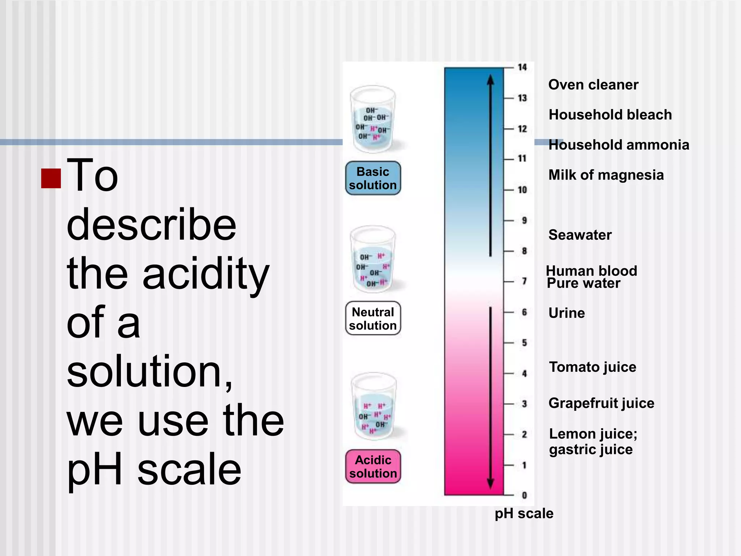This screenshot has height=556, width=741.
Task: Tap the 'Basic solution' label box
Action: [x=373, y=178]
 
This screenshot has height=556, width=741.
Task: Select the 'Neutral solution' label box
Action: [x=373, y=319]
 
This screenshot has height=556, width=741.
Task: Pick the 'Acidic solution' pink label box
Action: [x=373, y=467]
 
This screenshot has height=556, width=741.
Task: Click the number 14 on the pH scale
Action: [x=522, y=67]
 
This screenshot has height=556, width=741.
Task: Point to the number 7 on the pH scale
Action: [x=524, y=281]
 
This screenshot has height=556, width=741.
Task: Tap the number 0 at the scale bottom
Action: [x=524, y=495]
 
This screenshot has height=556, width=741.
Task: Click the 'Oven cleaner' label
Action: [x=593, y=85]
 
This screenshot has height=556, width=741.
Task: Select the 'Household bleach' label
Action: [x=610, y=115]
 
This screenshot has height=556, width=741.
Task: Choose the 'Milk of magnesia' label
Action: [x=606, y=175]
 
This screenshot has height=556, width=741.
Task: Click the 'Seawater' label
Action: [x=580, y=235]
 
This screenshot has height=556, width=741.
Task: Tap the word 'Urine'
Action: [x=567, y=313]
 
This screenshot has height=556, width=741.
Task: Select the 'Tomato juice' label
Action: [x=593, y=367]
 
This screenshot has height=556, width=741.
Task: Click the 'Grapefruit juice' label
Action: [x=601, y=403]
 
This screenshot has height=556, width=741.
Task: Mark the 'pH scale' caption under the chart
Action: [x=524, y=514]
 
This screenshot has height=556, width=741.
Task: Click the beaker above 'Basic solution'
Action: [x=373, y=119]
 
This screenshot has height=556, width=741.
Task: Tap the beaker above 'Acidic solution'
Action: [x=374, y=406]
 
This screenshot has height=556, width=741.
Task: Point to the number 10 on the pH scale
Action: [x=522, y=190]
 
